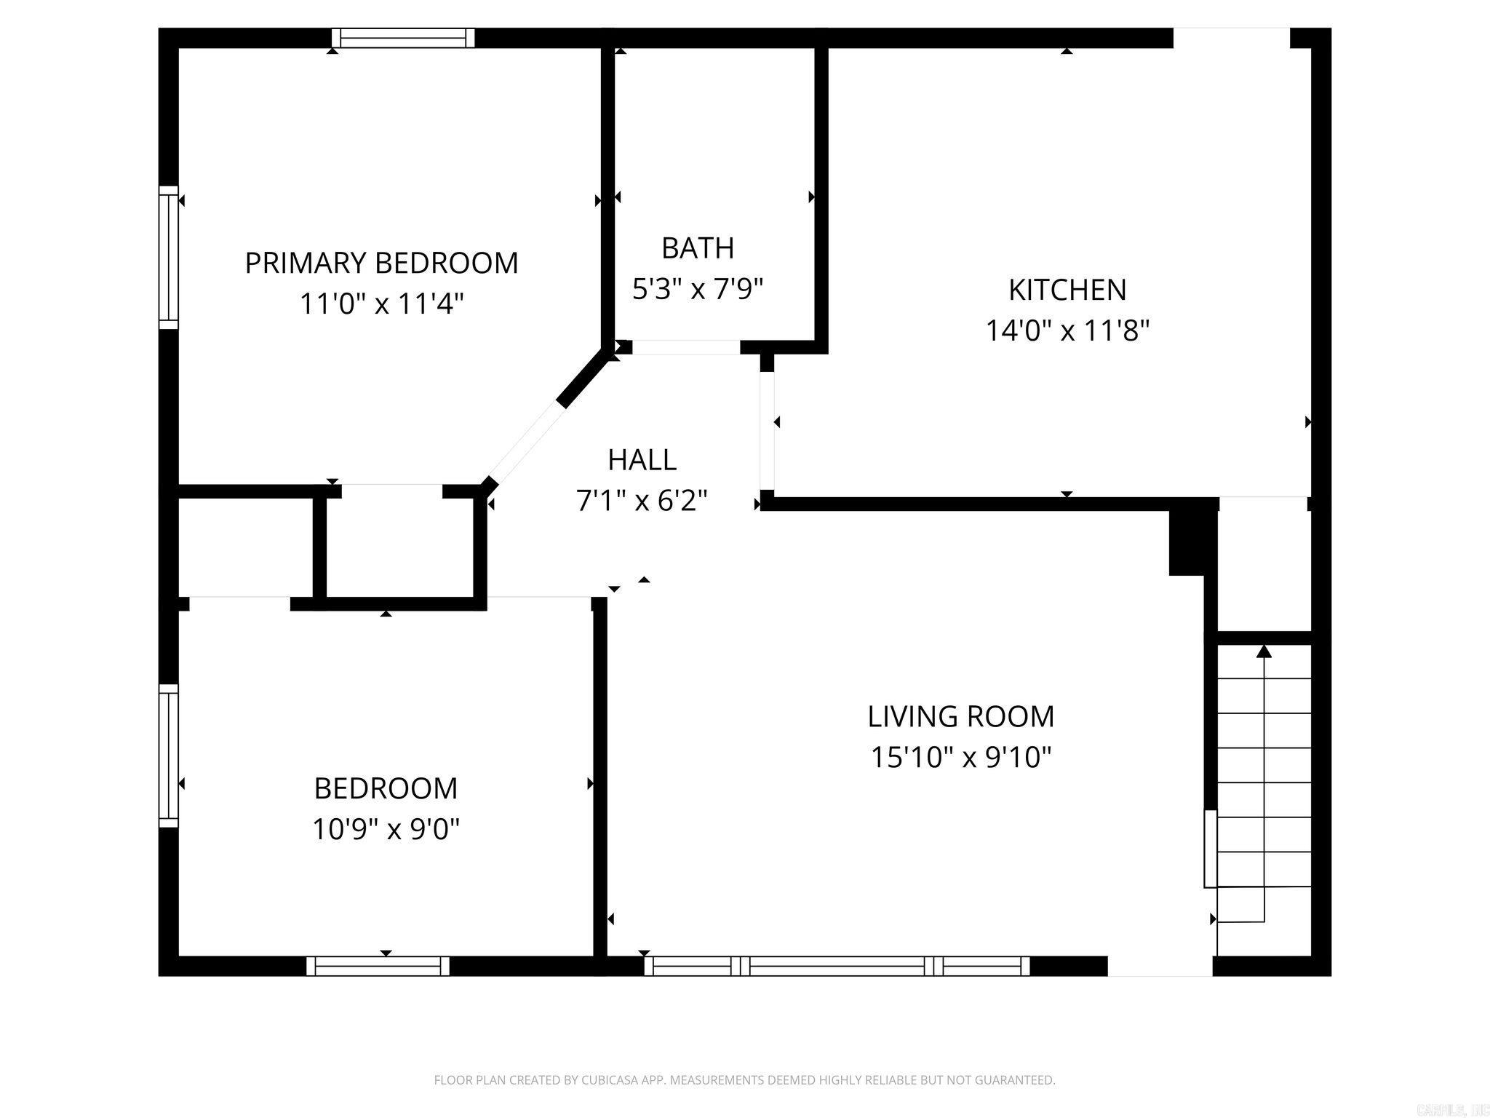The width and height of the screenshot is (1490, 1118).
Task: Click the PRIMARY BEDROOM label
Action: click(381, 263)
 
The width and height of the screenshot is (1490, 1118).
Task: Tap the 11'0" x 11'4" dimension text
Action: click(381, 304)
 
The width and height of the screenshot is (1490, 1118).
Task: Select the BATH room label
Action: click(697, 248)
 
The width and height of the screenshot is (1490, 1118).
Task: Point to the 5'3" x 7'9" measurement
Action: click(697, 290)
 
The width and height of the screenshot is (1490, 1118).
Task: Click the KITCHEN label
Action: click(1067, 290)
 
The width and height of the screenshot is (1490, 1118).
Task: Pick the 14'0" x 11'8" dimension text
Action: click(1067, 331)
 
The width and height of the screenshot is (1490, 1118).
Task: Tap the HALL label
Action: click(642, 460)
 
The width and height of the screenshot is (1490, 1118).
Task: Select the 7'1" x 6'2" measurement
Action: click(642, 501)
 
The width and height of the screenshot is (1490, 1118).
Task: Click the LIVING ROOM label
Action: click(960, 716)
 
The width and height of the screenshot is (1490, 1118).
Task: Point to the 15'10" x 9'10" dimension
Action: click(960, 758)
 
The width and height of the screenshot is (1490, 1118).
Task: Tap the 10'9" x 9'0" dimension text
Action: click(386, 828)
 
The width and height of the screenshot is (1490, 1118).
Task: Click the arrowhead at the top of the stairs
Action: click(1264, 651)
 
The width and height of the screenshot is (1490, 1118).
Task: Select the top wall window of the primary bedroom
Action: click(403, 38)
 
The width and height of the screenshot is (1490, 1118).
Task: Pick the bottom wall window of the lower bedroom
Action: click(378, 966)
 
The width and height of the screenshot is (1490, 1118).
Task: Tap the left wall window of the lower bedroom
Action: click(168, 755)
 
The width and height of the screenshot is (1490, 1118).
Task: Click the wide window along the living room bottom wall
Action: click(837, 966)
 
